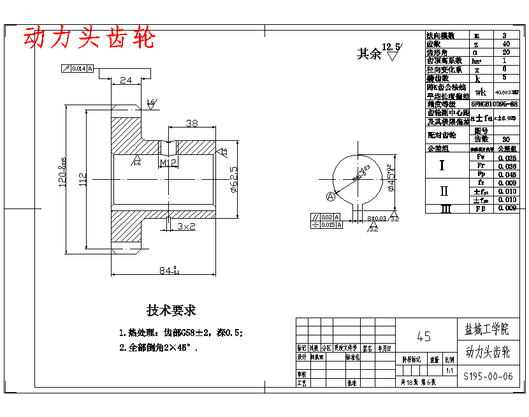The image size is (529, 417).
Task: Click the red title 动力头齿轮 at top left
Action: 89,38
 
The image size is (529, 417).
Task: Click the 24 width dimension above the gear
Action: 126,80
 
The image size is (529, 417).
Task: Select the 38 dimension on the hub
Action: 191,123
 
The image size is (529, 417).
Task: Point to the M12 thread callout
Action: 168,163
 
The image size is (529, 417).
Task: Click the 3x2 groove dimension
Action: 186,226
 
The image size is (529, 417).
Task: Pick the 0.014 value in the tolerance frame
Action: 78,68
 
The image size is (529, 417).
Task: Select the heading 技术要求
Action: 171,311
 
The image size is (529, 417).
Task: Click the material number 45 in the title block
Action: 423,336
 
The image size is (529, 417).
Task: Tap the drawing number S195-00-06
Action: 488,376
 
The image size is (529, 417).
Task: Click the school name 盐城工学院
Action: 487,330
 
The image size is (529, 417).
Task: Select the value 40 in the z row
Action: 506,44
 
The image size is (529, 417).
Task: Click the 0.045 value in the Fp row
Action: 507,174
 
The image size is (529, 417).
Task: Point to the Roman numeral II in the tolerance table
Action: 444,191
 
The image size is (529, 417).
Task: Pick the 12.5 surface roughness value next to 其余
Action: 391,47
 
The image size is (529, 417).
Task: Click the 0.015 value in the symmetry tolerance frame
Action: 328,225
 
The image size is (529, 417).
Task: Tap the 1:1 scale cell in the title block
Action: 450,370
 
